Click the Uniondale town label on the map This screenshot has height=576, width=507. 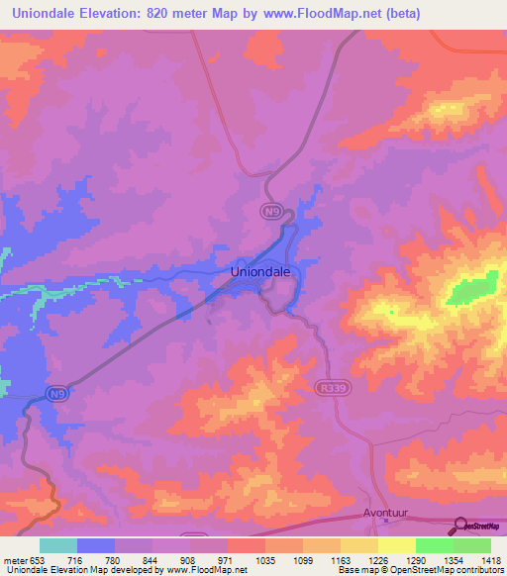260,270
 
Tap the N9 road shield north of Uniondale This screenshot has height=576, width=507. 271,211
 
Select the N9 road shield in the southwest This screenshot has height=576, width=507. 59,393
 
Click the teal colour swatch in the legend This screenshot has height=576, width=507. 58,545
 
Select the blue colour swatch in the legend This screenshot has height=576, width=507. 96,545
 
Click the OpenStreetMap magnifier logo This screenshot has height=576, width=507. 459,527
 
